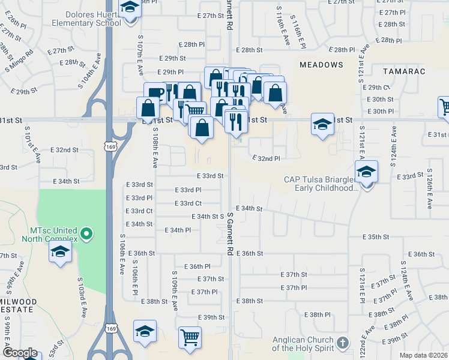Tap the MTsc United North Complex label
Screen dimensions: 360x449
(54, 235)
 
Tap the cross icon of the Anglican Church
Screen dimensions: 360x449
(342, 343)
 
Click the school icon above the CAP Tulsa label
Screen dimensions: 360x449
(366, 172)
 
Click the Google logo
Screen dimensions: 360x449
(20, 353)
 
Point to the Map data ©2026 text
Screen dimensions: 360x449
(423, 355)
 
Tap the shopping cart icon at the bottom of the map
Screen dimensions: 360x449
(190, 337)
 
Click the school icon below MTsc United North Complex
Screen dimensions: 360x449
(60, 252)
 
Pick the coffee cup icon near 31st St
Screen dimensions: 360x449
(155, 93)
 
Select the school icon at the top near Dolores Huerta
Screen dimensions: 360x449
(129, 9)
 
